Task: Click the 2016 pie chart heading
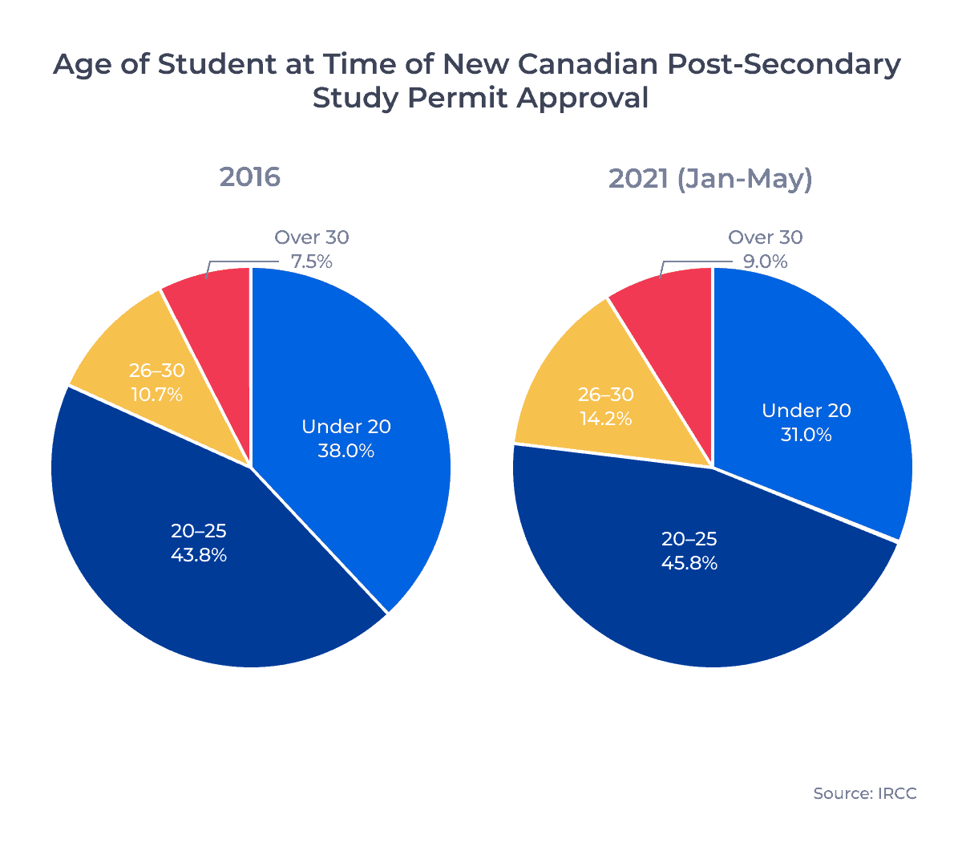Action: [x=250, y=177]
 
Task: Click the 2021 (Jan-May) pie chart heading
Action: [x=710, y=177]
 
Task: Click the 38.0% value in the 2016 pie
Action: [x=346, y=451]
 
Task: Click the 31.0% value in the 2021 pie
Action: [x=806, y=435]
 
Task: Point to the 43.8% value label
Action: [x=199, y=555]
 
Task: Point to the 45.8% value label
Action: [x=689, y=563]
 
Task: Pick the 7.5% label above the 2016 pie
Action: [x=311, y=261]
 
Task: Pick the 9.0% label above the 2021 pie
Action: [x=765, y=261]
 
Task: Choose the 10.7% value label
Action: [x=156, y=395]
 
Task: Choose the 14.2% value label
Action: [x=605, y=419]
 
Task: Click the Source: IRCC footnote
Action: [x=864, y=793]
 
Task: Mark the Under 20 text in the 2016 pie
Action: [x=346, y=427]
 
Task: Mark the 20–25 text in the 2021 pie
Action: [x=689, y=539]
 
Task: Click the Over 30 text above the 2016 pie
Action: [x=311, y=237]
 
